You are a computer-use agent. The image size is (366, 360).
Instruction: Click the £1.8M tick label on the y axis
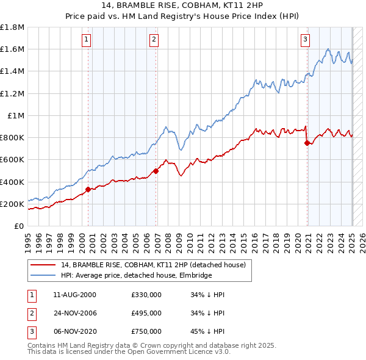click(13, 27)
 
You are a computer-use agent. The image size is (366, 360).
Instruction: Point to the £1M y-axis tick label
click(16, 115)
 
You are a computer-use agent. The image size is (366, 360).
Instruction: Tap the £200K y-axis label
click(13, 204)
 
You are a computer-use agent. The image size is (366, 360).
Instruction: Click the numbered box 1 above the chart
click(86, 40)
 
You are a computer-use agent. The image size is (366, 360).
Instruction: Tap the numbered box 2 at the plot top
click(154, 40)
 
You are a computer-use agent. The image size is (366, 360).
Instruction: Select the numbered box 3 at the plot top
click(305, 40)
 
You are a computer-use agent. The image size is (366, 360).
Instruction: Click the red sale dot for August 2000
click(88, 189)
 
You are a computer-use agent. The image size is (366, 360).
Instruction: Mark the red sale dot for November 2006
click(156, 171)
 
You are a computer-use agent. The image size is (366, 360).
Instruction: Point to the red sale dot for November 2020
click(307, 143)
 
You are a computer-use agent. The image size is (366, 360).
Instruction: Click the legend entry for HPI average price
click(135, 275)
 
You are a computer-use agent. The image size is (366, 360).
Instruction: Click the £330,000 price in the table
click(146, 295)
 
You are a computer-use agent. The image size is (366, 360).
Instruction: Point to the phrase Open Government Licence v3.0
click(172, 352)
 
